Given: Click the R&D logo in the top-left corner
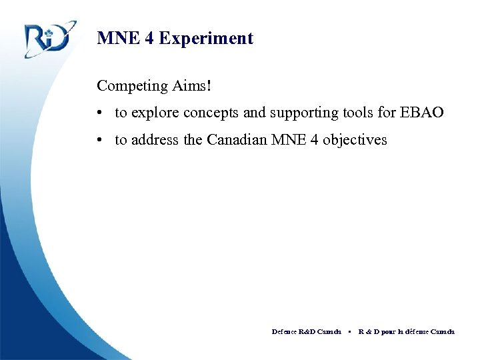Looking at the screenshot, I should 47,39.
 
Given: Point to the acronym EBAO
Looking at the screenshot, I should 421,113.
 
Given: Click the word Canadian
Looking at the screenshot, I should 237,141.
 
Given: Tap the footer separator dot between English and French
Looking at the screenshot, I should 350,331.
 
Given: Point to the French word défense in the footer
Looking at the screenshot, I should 419,331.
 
